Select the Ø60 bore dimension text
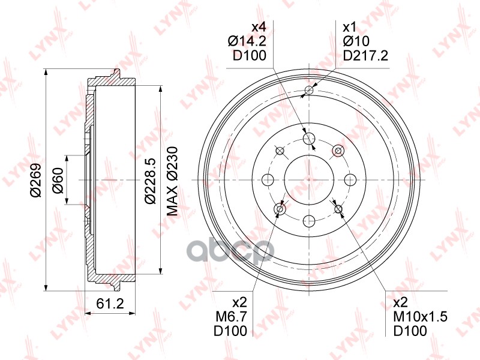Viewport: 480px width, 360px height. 58,179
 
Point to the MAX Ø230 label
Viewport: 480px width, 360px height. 173,179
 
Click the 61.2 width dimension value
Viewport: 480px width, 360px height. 110,304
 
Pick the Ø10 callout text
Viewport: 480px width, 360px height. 355,41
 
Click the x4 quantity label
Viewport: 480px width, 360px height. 257,27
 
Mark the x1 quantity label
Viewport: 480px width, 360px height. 349,27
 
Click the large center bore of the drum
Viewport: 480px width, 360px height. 308,179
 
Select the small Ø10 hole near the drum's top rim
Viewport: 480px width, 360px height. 309,91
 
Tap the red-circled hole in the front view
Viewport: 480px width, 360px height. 338,150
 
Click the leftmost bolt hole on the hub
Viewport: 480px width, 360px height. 268,179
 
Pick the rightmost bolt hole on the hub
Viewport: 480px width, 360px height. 349,179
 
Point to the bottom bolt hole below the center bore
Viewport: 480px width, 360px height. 308,220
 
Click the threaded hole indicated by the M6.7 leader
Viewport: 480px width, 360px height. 280,209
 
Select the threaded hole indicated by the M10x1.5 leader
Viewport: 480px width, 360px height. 338,209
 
